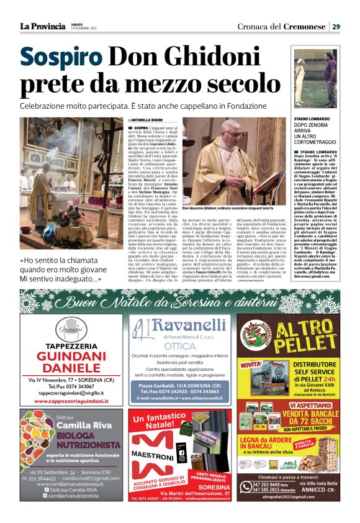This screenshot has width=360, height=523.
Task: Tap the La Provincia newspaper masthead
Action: (x=42, y=26)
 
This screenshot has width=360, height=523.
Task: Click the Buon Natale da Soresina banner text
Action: (x=180, y=302)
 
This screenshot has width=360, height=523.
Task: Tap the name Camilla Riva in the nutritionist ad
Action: (x=81, y=425)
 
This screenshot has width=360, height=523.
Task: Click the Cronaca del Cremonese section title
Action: (x=281, y=26)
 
